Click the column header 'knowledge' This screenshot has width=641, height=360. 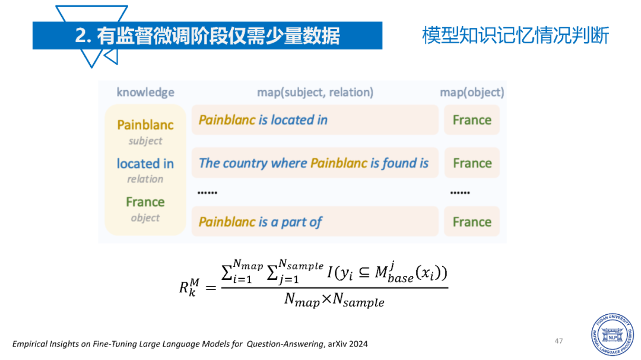pyautogui.click(x=145, y=93)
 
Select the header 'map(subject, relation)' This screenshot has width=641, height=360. pyautogui.click(x=315, y=93)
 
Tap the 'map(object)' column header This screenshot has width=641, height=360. pyautogui.click(x=472, y=93)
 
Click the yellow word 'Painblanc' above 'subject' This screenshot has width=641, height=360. pyautogui.click(x=145, y=125)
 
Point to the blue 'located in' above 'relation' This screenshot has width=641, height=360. pyautogui.click(x=145, y=164)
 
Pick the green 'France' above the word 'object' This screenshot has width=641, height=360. pyautogui.click(x=145, y=202)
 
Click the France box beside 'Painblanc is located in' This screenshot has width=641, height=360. pyautogui.click(x=472, y=120)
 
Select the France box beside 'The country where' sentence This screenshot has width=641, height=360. pyautogui.click(x=472, y=163)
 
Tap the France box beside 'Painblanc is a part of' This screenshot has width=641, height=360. pyautogui.click(x=472, y=221)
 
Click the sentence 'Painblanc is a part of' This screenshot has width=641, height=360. pyautogui.click(x=261, y=222)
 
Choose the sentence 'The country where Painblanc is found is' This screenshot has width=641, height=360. pyautogui.click(x=313, y=163)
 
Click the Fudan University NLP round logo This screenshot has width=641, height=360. pyautogui.click(x=613, y=334)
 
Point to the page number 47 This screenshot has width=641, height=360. pyautogui.click(x=559, y=341)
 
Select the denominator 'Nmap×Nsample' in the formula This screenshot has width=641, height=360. pyautogui.click(x=334, y=300)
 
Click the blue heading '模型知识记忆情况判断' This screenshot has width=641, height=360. pyautogui.click(x=516, y=35)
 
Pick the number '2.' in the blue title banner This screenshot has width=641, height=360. pyautogui.click(x=83, y=36)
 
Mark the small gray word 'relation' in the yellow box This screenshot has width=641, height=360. pyautogui.click(x=145, y=179)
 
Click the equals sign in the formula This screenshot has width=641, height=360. pyautogui.click(x=211, y=288)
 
